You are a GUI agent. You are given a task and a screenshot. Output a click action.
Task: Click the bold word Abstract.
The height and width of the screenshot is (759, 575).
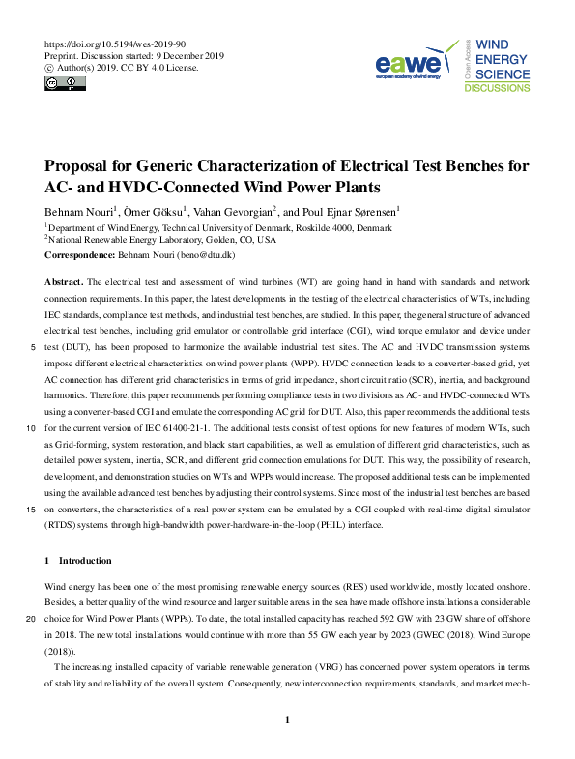65,280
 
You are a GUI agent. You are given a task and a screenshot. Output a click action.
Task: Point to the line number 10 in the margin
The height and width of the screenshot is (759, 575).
33,426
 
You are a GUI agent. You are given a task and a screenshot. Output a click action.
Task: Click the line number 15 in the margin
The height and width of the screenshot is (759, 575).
33,507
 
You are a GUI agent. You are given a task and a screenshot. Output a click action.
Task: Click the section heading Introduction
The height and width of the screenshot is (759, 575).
84,561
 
